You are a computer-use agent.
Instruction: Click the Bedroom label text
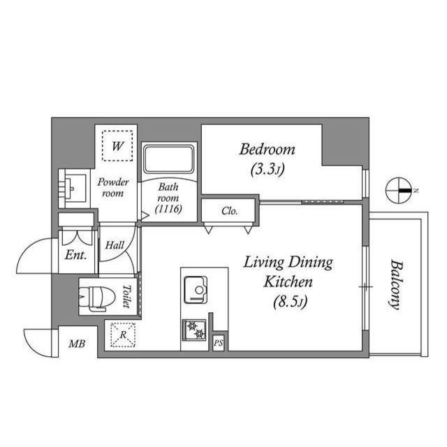pyautogui.click(x=268, y=149)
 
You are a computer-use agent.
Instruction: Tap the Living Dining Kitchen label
pyautogui.click(x=288, y=272)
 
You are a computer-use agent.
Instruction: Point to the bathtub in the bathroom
pyautogui.click(x=169, y=161)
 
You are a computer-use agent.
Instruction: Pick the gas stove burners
pyautogui.click(x=194, y=328)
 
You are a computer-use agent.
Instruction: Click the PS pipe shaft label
pyautogui.click(x=219, y=342)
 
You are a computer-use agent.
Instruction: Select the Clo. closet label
pyautogui.click(x=229, y=210)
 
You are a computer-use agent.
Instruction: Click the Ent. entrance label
pyautogui.click(x=75, y=256)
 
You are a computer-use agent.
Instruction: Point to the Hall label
pyautogui.click(x=115, y=245)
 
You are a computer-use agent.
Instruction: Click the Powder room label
pyautogui.click(x=113, y=187)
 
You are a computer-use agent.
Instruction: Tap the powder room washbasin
pyautogui.click(x=73, y=187)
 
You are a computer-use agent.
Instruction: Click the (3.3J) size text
pyautogui.click(x=268, y=168)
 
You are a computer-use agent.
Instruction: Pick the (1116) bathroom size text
pyautogui.click(x=169, y=209)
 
